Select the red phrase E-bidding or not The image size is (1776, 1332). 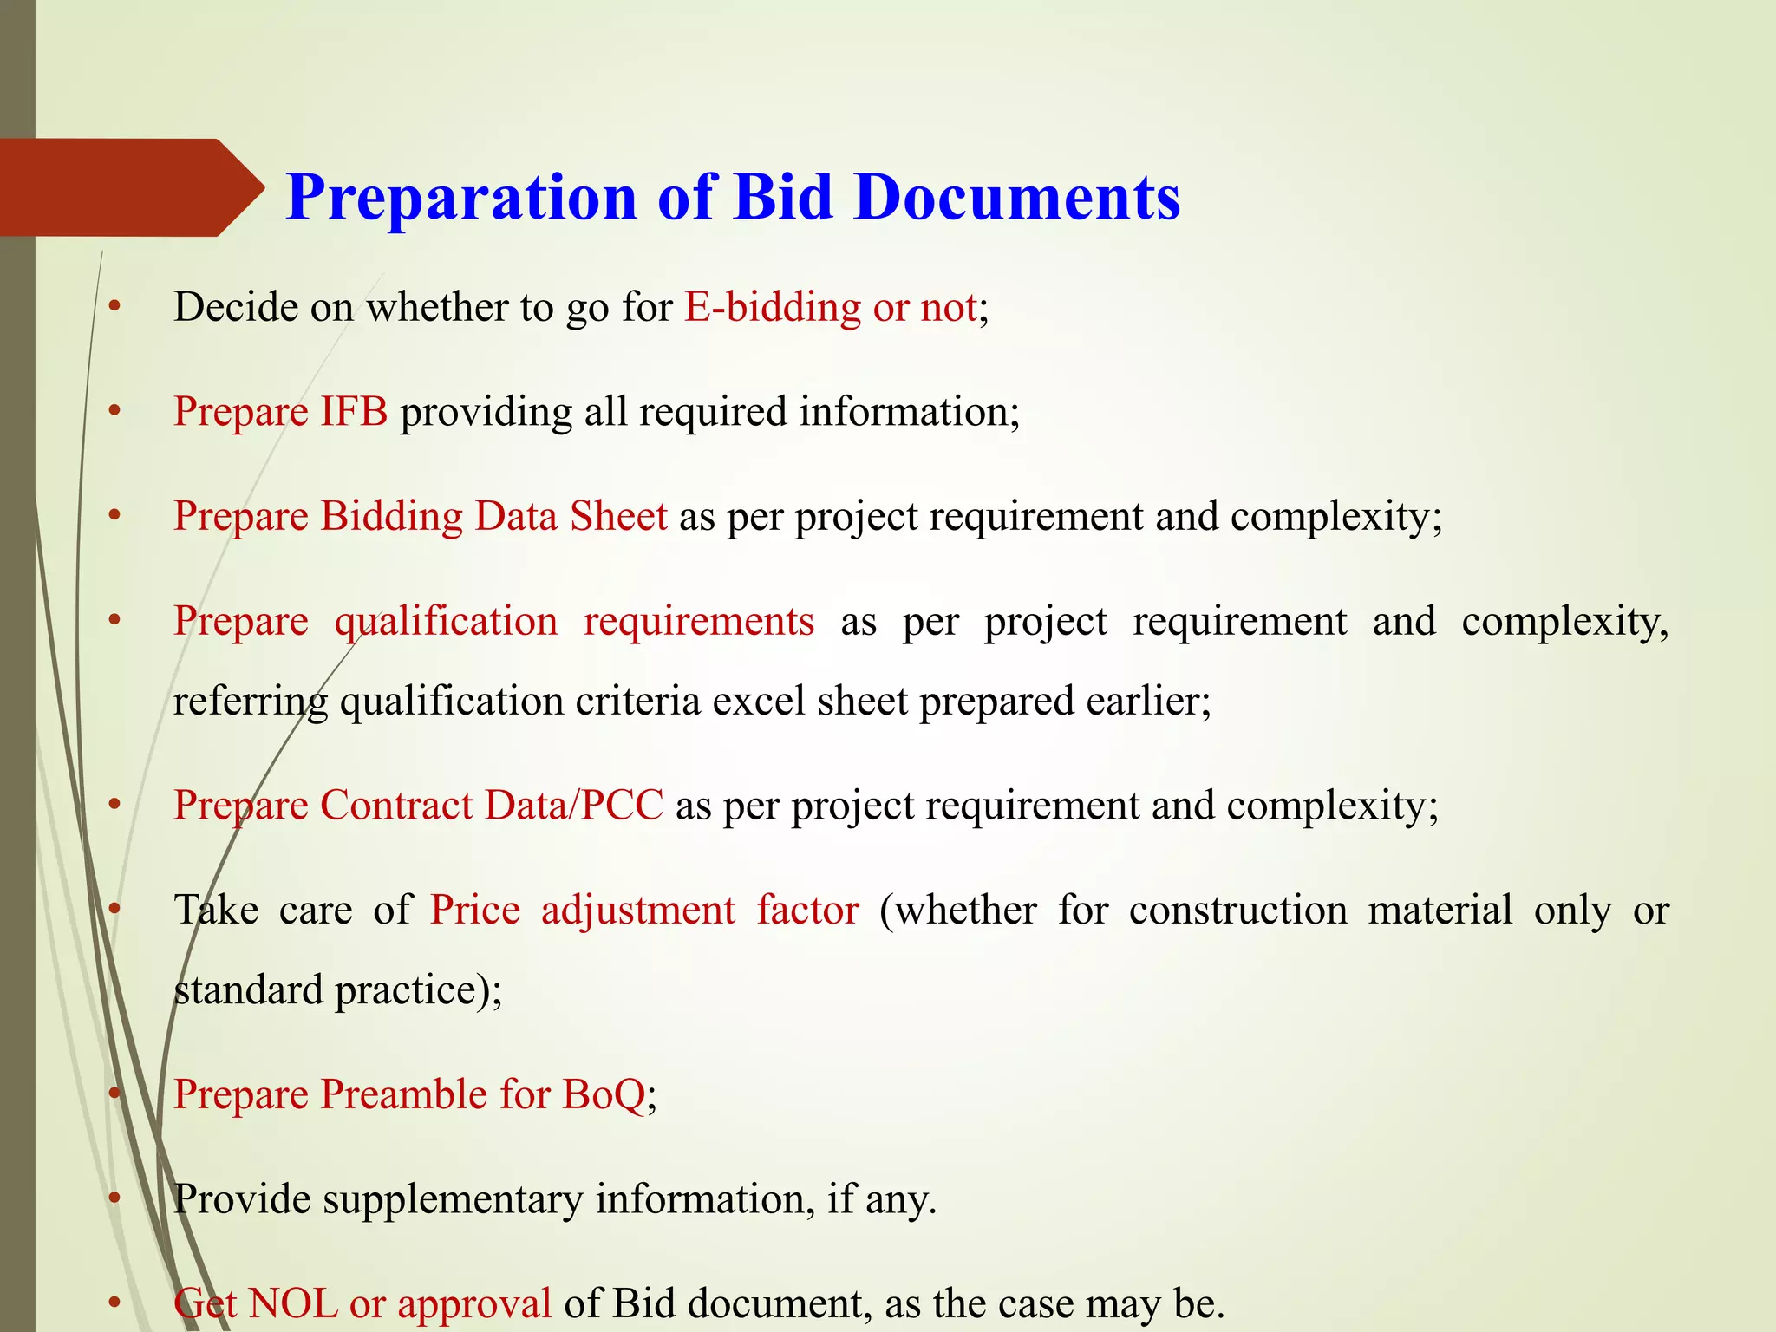(x=831, y=308)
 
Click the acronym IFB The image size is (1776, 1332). (x=354, y=412)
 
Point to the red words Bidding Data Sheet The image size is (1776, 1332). (x=494, y=517)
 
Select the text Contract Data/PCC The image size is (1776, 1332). (x=492, y=806)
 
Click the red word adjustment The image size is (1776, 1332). (x=638, y=911)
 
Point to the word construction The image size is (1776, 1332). (x=1237, y=911)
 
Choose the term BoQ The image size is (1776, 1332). (x=604, y=1095)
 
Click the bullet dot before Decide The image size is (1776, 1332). (x=114, y=307)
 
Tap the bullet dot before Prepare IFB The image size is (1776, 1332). (x=114, y=412)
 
